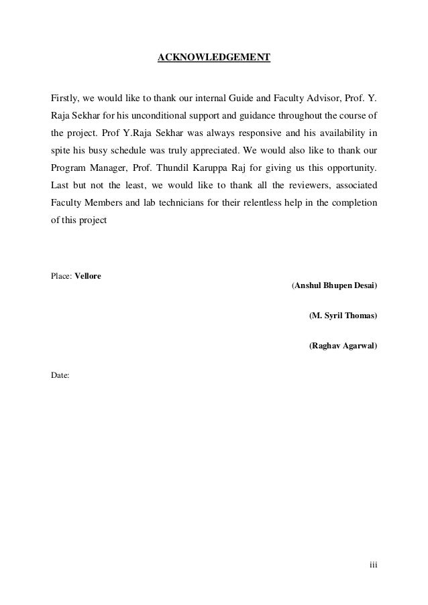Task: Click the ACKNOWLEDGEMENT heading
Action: (x=213, y=58)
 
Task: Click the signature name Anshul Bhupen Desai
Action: (x=334, y=287)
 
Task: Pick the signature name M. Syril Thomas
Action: (x=343, y=316)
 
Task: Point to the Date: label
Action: (x=60, y=376)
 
